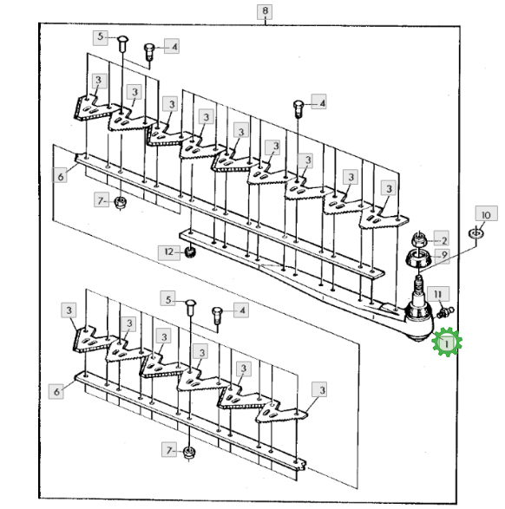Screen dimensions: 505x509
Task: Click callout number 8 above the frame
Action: pyautogui.click(x=265, y=12)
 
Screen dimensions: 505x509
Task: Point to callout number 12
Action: pyautogui.click(x=169, y=253)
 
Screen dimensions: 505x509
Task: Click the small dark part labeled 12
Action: pyautogui.click(x=189, y=252)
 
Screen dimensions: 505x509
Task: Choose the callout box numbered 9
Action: pyautogui.click(x=443, y=256)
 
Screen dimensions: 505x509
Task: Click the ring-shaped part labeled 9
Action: pyautogui.click(x=418, y=258)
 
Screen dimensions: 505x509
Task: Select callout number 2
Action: pyautogui.click(x=442, y=239)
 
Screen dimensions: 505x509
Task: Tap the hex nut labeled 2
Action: pyautogui.click(x=419, y=240)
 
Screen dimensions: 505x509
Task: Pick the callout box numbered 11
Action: pyautogui.click(x=438, y=294)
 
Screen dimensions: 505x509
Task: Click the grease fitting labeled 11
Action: pyautogui.click(x=446, y=313)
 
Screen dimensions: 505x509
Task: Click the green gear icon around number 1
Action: pyautogui.click(x=447, y=343)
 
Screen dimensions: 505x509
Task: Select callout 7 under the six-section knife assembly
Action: pyautogui.click(x=169, y=450)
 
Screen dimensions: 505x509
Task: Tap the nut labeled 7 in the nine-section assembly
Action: pyautogui.click(x=121, y=203)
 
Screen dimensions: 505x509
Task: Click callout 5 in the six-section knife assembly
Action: pyautogui.click(x=168, y=298)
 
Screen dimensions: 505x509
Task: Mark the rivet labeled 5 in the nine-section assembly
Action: pyautogui.click(x=122, y=43)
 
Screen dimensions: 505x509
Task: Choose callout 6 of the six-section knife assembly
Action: pyautogui.click(x=56, y=391)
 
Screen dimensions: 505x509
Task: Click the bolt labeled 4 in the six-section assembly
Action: pyautogui.click(x=217, y=316)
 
